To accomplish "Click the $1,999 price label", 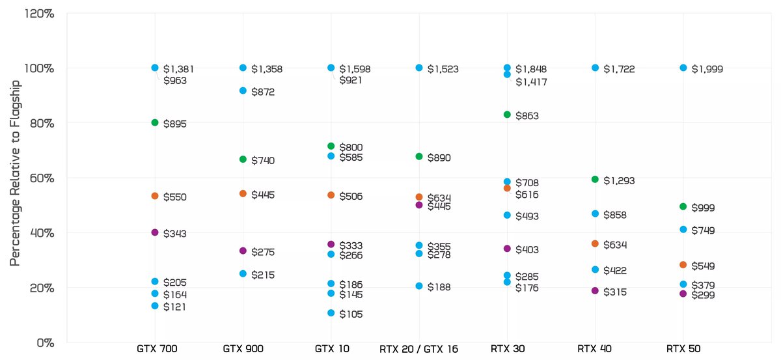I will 707,69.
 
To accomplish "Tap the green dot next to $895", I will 155,122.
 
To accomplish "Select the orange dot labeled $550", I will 155,196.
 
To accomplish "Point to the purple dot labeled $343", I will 155,232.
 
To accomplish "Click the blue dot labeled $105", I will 331,313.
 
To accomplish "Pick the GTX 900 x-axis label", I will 243,349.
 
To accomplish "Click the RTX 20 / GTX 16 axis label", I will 419,349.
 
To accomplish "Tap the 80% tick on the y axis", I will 40,123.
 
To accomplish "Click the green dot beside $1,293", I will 595,179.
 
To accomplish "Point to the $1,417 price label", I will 531,82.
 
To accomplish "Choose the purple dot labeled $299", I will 683,294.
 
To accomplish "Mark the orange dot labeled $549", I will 683,265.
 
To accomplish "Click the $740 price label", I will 264,160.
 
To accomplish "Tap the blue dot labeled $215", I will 243,273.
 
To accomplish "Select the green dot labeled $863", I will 507,115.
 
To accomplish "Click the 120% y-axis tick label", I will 38,13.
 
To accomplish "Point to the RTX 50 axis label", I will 683,349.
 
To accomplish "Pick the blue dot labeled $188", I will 419,286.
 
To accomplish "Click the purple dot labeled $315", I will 595,290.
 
